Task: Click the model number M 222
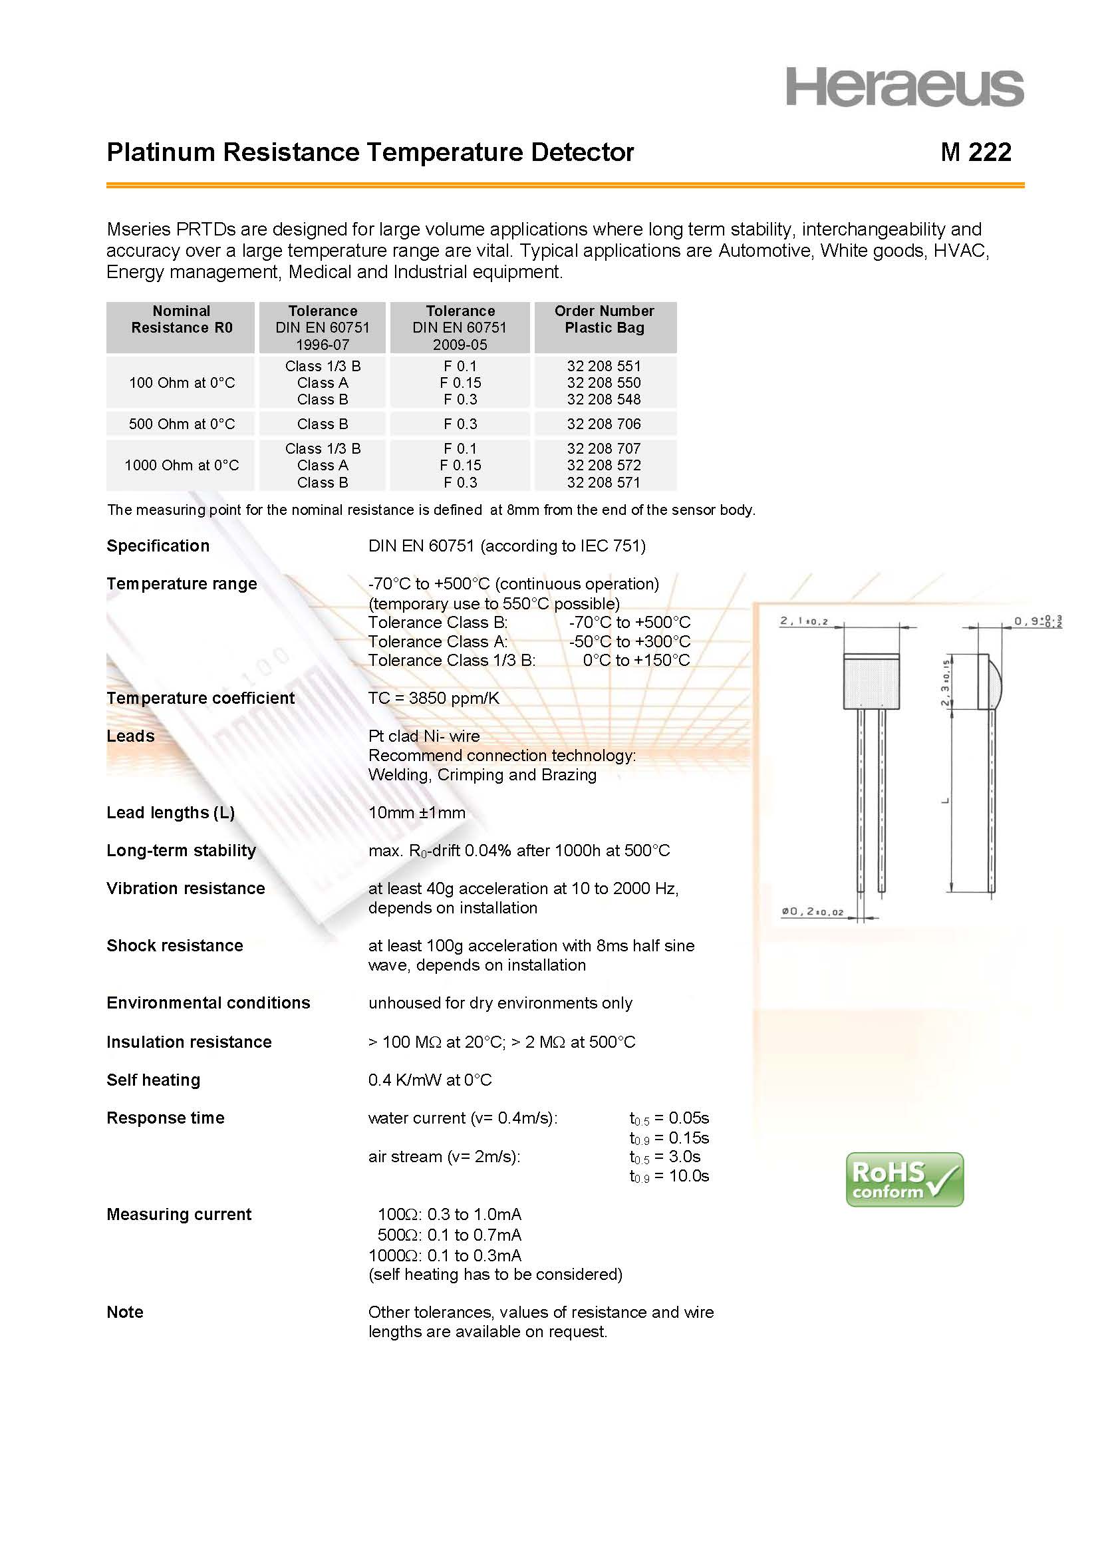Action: tap(976, 152)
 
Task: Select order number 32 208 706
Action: tap(603, 424)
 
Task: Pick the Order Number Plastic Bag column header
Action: tap(604, 320)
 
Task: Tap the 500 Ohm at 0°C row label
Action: tap(182, 424)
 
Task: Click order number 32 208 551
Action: tap(603, 366)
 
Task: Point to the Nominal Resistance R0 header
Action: tap(182, 320)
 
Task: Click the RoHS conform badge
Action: tap(904, 1179)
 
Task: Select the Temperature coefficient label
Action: tap(200, 698)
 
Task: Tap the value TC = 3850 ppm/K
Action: tap(434, 698)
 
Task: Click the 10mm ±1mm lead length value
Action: tap(416, 813)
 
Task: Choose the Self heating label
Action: tap(153, 1080)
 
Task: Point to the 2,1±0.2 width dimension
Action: tap(804, 621)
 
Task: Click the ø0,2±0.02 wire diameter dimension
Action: tap(812, 912)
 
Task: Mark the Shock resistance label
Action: tap(175, 946)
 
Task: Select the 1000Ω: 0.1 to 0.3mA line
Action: tap(445, 1255)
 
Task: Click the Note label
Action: tap(124, 1313)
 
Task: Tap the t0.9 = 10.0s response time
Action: tap(669, 1176)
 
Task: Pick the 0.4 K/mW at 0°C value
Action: tap(430, 1080)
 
